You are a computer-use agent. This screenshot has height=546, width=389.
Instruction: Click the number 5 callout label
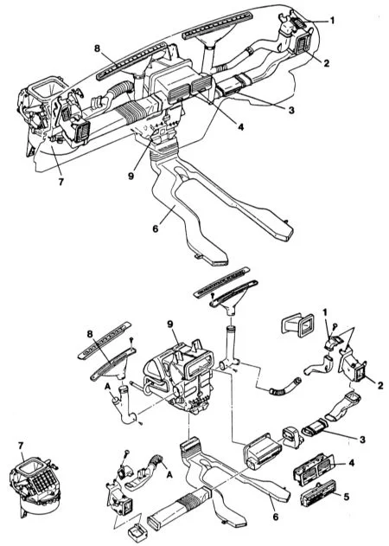[x=346, y=496]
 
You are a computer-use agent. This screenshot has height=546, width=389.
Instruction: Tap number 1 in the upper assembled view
[x=332, y=21]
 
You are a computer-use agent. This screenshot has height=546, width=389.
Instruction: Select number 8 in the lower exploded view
[x=91, y=334]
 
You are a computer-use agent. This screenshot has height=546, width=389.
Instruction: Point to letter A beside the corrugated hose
[x=170, y=474]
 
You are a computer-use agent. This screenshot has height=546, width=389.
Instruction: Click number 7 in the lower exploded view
[x=21, y=446]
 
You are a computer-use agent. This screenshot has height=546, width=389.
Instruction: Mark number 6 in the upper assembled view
[x=156, y=228]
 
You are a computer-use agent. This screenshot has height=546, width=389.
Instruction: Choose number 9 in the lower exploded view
[x=169, y=324]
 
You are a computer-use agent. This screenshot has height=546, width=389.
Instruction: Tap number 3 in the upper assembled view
[x=291, y=111]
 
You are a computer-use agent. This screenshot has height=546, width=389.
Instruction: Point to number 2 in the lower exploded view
[x=380, y=385]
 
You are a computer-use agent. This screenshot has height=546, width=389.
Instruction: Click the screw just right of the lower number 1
[x=335, y=326]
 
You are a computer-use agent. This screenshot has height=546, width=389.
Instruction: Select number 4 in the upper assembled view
[x=241, y=126]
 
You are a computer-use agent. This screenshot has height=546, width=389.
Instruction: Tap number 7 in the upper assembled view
[x=61, y=182]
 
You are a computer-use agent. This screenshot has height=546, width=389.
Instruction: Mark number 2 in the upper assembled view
[x=326, y=63]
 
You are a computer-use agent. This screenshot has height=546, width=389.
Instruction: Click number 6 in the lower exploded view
[x=276, y=517]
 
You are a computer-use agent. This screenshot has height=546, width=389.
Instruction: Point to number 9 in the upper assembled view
[x=131, y=176]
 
